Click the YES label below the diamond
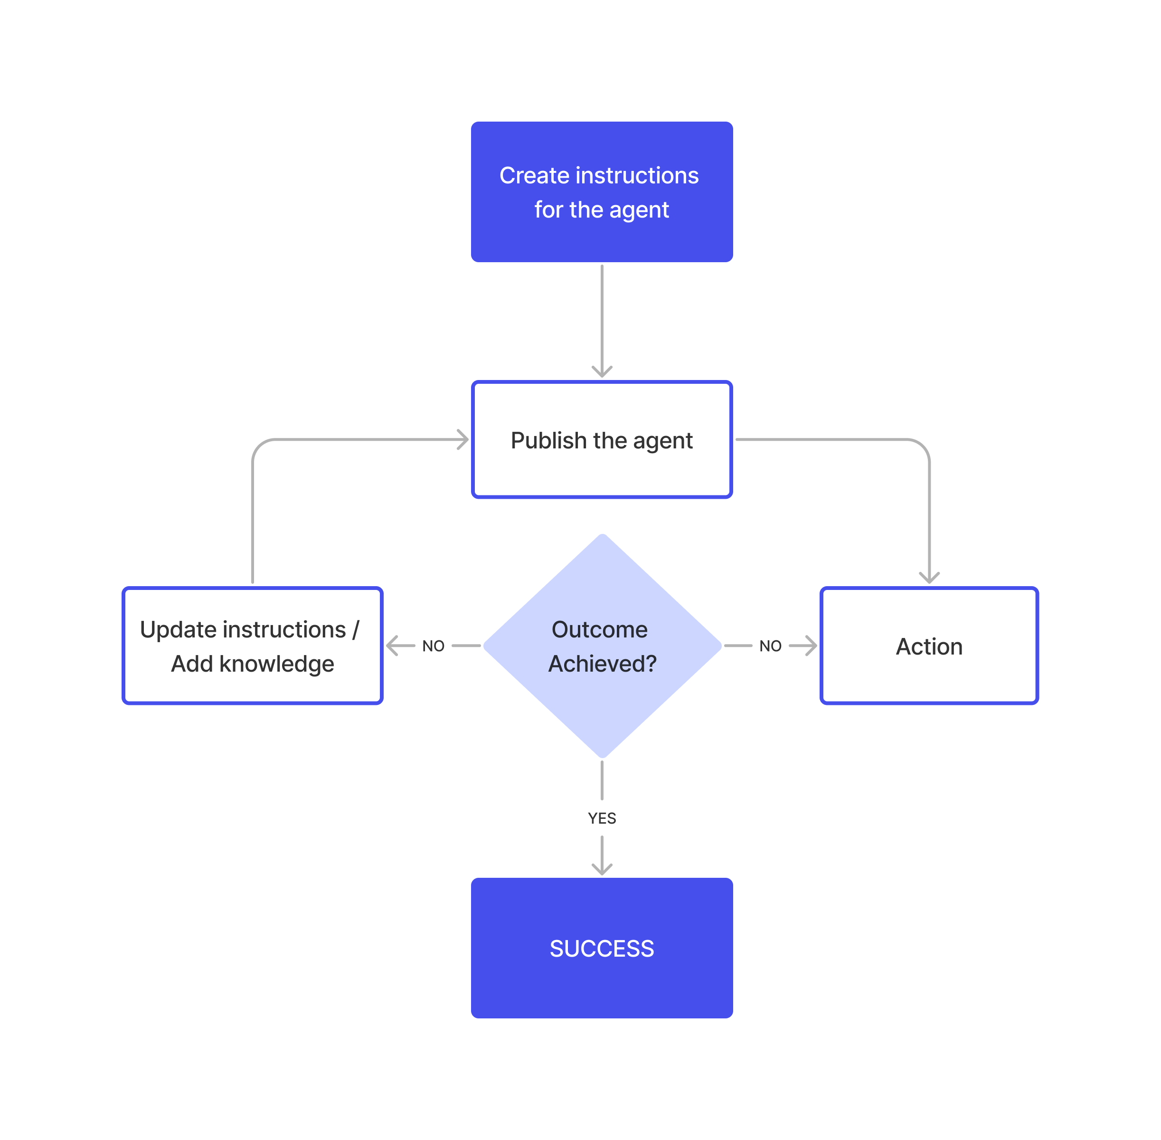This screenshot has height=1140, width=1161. [602, 818]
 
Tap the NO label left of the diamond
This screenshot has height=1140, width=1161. [433, 646]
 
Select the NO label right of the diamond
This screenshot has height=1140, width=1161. [770, 646]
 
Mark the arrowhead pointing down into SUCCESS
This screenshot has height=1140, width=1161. [602, 869]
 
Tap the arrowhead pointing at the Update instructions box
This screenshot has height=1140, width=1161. [393, 646]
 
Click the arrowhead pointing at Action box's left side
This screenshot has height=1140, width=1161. [811, 646]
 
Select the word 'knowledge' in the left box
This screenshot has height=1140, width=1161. [276, 664]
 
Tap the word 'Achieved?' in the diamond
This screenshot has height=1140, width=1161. [602, 664]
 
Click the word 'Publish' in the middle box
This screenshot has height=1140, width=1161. [548, 441]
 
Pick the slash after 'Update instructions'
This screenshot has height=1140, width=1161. [356, 630]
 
